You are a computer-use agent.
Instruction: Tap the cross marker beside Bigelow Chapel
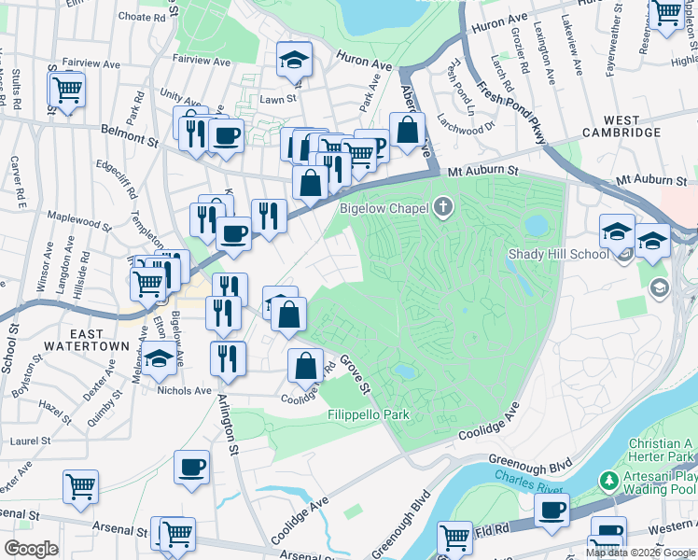tap(442, 208)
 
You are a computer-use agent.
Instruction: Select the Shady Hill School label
tap(559, 254)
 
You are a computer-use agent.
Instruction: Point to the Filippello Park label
tap(368, 413)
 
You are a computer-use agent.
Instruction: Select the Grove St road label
tap(356, 372)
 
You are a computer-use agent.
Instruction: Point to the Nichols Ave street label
tap(187, 391)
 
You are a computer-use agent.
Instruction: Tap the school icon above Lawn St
tap(294, 60)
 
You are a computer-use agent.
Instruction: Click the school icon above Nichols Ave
tap(160, 357)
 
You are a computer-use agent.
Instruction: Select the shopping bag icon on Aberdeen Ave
tap(407, 130)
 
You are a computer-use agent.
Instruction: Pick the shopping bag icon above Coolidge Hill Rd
tap(304, 365)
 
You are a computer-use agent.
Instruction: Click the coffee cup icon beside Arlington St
tap(192, 467)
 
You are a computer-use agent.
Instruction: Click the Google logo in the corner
tap(32, 548)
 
